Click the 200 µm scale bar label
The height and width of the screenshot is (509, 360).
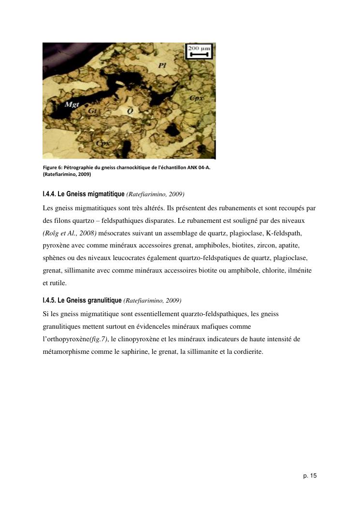(199, 49)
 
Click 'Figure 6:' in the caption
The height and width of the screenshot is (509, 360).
(52, 167)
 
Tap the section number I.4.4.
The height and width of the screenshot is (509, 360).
(49, 194)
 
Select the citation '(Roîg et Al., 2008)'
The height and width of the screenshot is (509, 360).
(69, 233)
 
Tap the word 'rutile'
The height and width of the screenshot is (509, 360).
(58, 283)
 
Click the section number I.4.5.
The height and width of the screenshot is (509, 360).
(49, 300)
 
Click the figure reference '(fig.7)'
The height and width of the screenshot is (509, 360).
(99, 339)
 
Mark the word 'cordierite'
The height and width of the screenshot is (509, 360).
(247, 352)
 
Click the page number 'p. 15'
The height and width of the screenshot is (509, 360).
(310, 476)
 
